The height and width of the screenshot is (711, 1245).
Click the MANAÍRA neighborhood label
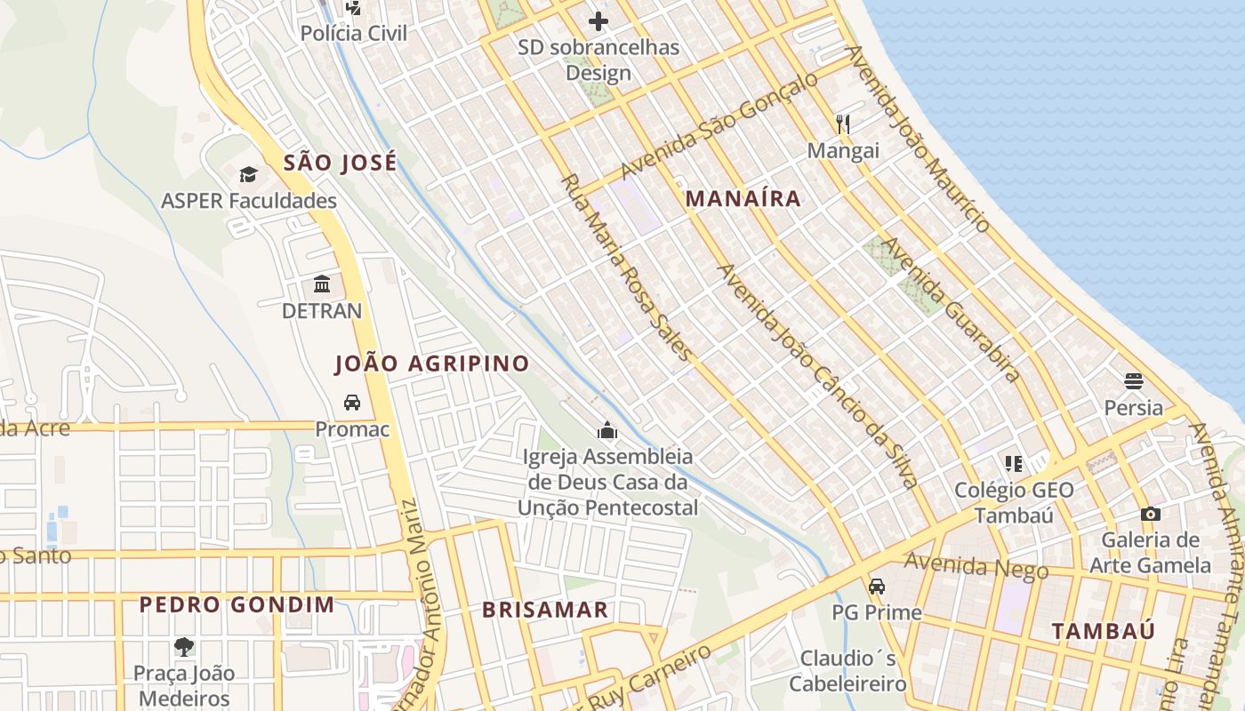[743, 199]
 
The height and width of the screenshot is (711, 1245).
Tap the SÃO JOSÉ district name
[340, 163]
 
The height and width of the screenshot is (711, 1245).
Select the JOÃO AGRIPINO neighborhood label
[431, 363]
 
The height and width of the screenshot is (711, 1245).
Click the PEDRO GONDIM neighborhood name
[237, 605]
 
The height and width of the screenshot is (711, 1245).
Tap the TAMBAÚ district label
[1104, 632]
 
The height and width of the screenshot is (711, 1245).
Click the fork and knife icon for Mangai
[842, 124]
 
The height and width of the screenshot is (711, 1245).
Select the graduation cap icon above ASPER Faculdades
[248, 174]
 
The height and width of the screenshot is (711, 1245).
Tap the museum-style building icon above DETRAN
[322, 284]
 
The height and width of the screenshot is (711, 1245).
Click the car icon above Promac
[352, 403]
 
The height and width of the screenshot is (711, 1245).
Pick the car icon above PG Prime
[877, 587]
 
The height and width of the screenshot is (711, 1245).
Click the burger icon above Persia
[1133, 381]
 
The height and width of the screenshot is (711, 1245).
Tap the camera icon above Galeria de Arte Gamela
[1150, 514]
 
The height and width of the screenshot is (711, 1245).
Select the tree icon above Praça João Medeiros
[184, 646]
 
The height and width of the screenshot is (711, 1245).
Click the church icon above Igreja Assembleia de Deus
[608, 431]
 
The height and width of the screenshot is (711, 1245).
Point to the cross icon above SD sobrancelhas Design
[598, 20]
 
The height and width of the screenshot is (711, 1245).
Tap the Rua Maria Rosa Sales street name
[626, 268]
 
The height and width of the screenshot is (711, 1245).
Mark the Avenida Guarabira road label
[950, 309]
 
